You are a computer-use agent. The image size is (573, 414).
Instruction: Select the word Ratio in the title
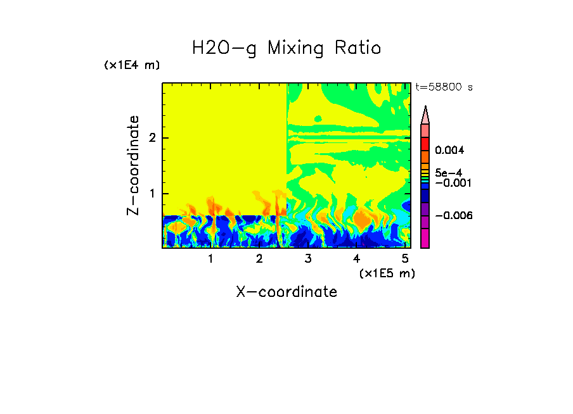pyautogui.click(x=359, y=48)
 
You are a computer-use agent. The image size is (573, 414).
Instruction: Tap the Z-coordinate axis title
pyautogui.click(x=133, y=165)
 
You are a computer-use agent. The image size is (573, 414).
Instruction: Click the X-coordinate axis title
pyautogui.click(x=286, y=292)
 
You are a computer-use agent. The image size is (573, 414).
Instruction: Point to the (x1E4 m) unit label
pyautogui.click(x=132, y=65)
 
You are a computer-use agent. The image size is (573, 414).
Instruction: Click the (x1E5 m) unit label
pyautogui.click(x=387, y=273)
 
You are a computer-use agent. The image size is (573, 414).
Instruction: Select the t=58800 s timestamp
pyautogui.click(x=444, y=87)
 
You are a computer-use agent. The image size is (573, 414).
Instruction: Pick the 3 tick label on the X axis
pyautogui.click(x=308, y=259)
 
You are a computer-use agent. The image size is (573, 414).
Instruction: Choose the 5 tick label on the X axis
pyautogui.click(x=405, y=259)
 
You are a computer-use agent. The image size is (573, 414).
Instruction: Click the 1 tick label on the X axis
pyautogui.click(x=211, y=259)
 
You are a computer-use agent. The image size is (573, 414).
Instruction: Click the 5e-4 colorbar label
pyautogui.click(x=448, y=172)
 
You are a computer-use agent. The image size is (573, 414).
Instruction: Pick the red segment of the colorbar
pyautogui.click(x=425, y=144)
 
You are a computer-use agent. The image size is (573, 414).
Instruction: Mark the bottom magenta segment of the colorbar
pyautogui.click(x=425, y=238)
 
